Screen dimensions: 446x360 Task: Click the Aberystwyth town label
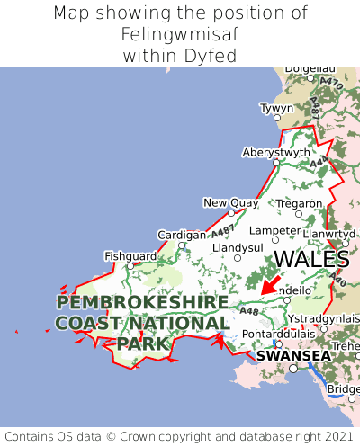275,152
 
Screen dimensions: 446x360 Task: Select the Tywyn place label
276,108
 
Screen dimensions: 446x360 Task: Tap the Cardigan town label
182,235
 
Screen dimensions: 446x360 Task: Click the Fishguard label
130,255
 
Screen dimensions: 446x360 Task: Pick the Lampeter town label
274,229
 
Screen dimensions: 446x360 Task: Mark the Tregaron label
299,202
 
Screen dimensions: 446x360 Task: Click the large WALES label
310,259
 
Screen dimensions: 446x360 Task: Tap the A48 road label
249,311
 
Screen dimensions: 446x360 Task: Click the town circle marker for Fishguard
130,266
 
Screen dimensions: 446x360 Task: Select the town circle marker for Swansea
292,368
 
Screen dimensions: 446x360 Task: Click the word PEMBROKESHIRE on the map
142,302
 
